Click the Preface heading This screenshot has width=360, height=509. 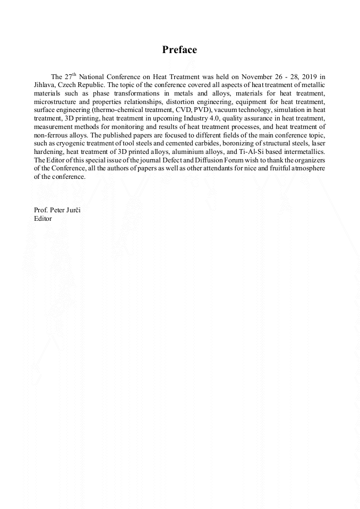click(x=179, y=50)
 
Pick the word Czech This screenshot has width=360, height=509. click(x=72, y=85)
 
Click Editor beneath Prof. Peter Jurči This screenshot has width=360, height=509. click(x=43, y=218)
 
